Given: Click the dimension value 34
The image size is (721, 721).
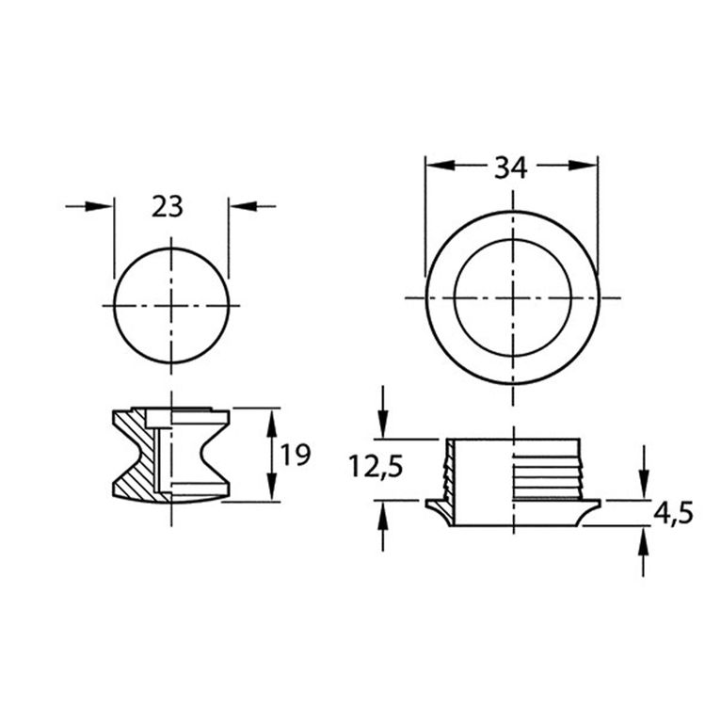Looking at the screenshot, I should [x=510, y=168].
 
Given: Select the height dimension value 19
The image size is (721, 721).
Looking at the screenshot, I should [x=296, y=456].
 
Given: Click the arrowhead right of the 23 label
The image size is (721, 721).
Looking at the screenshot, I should [x=239, y=206].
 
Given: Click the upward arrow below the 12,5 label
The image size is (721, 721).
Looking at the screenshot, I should [x=382, y=514].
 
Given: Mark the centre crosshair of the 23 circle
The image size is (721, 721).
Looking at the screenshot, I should [x=171, y=306].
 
